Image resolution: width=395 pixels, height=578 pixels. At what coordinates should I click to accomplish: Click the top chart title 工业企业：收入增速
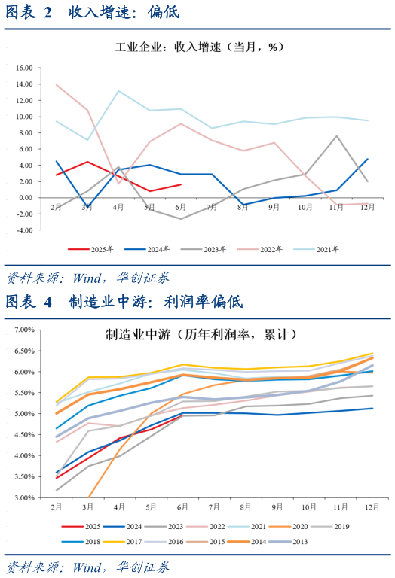tap(198, 47)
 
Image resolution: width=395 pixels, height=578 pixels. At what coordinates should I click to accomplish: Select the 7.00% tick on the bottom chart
tap(25, 330)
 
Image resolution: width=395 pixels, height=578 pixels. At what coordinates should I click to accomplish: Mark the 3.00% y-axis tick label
tap(25, 497)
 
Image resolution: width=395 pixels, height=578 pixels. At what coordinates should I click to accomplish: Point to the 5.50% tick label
tap(25, 393)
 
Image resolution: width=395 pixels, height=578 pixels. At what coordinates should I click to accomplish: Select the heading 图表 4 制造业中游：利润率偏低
tap(124, 302)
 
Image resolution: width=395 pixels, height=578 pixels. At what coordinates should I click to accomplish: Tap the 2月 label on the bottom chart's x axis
tap(56, 508)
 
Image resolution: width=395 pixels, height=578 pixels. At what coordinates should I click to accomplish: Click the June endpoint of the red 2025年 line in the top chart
tap(181, 184)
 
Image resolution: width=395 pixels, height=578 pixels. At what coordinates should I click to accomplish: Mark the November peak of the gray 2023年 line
tap(336, 136)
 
